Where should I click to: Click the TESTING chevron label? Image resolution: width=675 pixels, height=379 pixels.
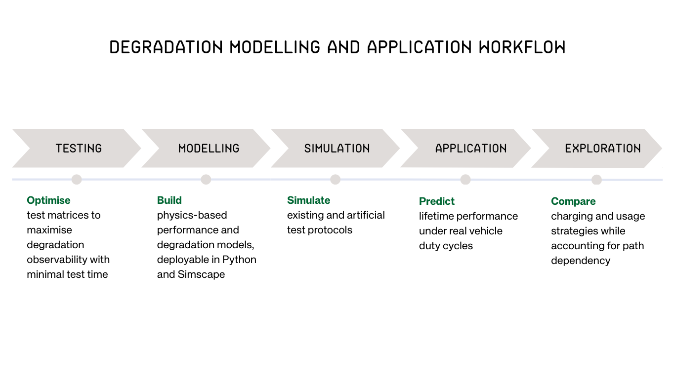79,149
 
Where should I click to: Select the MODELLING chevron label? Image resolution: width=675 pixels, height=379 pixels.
209,149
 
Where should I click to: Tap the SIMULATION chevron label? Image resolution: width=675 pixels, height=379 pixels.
337,149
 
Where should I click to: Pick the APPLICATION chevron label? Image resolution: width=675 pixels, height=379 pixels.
471,149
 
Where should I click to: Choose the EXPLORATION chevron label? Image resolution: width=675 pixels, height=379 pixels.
603,149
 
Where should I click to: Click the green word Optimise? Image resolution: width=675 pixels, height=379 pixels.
48,200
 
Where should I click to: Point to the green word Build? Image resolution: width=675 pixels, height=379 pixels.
169,200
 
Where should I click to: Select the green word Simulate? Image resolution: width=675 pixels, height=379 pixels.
308,200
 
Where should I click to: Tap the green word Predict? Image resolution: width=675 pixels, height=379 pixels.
437,201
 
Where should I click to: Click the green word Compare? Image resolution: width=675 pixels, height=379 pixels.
573,201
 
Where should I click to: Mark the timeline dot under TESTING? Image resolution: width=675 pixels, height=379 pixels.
76,180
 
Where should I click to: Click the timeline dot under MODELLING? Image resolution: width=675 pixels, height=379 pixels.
206,180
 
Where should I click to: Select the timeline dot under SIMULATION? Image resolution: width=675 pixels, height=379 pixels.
336,180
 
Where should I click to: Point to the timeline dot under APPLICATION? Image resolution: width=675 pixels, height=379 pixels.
465,180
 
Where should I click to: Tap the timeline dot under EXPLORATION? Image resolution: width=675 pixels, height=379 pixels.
596,180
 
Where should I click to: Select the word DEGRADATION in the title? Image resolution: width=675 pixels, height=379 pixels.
166,47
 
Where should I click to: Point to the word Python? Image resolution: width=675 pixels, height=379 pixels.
239,260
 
